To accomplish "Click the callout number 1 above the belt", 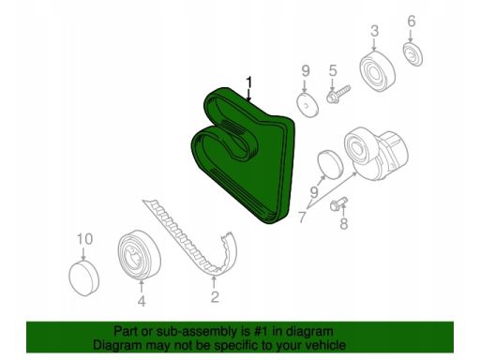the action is (248, 82).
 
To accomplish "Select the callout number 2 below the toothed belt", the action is (214, 296).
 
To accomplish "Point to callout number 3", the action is (374, 31).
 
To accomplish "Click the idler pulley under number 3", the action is (378, 71).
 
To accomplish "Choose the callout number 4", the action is (142, 301).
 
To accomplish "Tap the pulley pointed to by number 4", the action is (139, 254).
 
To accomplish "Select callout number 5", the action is (333, 71).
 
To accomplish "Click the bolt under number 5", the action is (338, 94).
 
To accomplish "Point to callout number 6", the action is (412, 22).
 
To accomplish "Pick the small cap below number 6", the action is (412, 54).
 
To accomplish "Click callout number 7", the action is (302, 217).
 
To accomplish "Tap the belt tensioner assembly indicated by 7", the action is (376, 154).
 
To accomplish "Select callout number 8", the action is (343, 223).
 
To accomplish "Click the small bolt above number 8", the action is (338, 203).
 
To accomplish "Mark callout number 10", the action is (84, 239).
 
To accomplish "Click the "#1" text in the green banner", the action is (259, 331).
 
